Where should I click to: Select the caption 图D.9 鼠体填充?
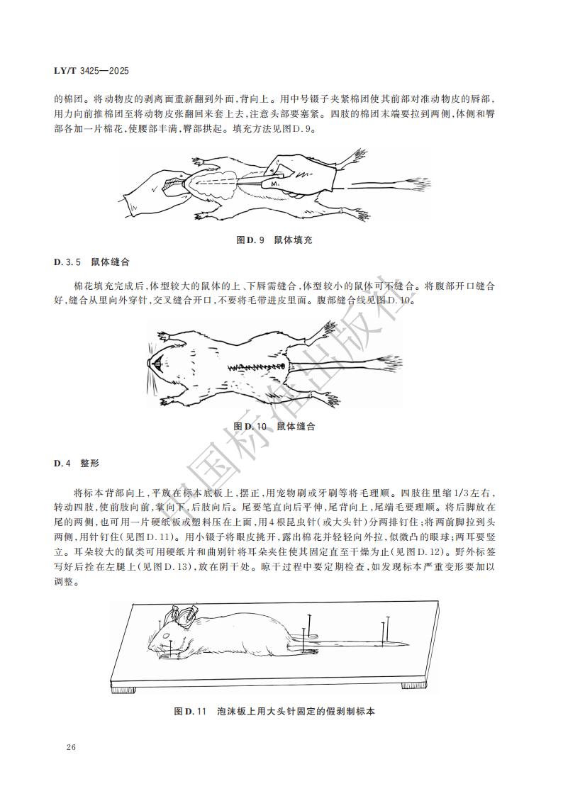point(274,240)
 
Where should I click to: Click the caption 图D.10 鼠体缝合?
point(274,427)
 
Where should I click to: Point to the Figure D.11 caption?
point(274,711)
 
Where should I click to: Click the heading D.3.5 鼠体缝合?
point(91,262)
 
